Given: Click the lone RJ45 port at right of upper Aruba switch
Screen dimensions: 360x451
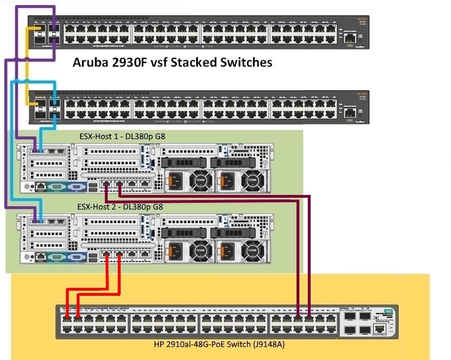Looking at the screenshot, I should [x=351, y=38].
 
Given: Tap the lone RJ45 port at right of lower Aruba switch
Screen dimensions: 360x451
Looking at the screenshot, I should [x=351, y=113].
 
